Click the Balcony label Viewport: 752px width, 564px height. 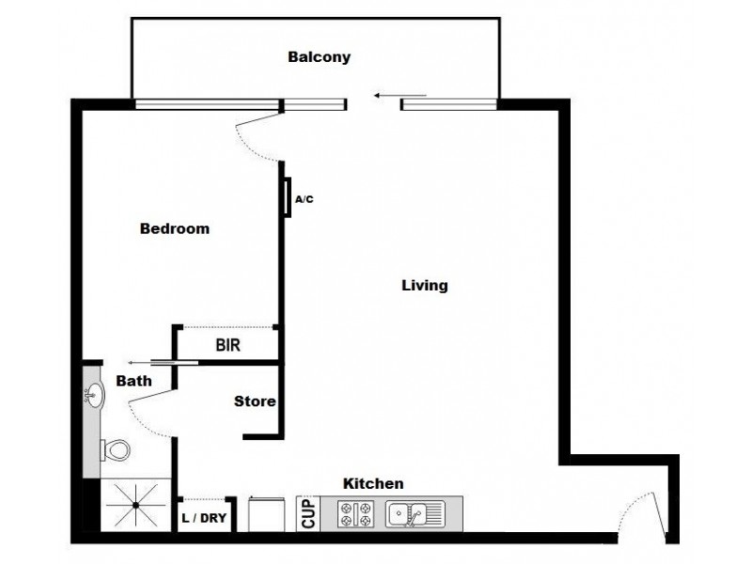319,57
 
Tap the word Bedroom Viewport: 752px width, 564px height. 174,228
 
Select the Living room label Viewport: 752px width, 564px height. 424,286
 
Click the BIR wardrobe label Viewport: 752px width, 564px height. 228,345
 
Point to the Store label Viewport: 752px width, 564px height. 255,401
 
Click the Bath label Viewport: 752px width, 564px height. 133,381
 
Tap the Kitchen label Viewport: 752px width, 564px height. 373,483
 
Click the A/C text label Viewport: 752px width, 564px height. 305,199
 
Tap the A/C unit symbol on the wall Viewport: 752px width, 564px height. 288,198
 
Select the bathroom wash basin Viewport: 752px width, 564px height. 94,396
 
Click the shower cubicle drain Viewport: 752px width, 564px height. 134,506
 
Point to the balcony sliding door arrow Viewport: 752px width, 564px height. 399,95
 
